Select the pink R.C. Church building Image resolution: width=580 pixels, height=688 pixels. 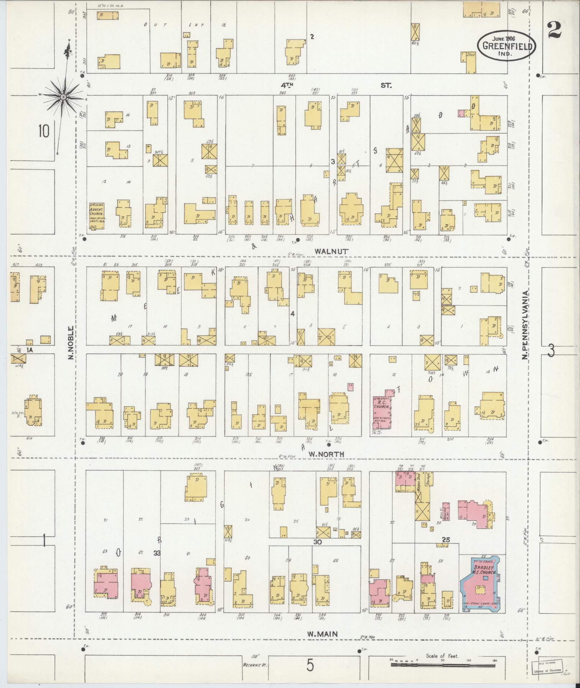(x=383, y=410)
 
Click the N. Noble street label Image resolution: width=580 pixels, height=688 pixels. (x=71, y=342)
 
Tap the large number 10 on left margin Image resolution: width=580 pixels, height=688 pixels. (x=44, y=132)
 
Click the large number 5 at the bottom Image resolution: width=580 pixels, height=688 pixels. (x=310, y=666)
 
